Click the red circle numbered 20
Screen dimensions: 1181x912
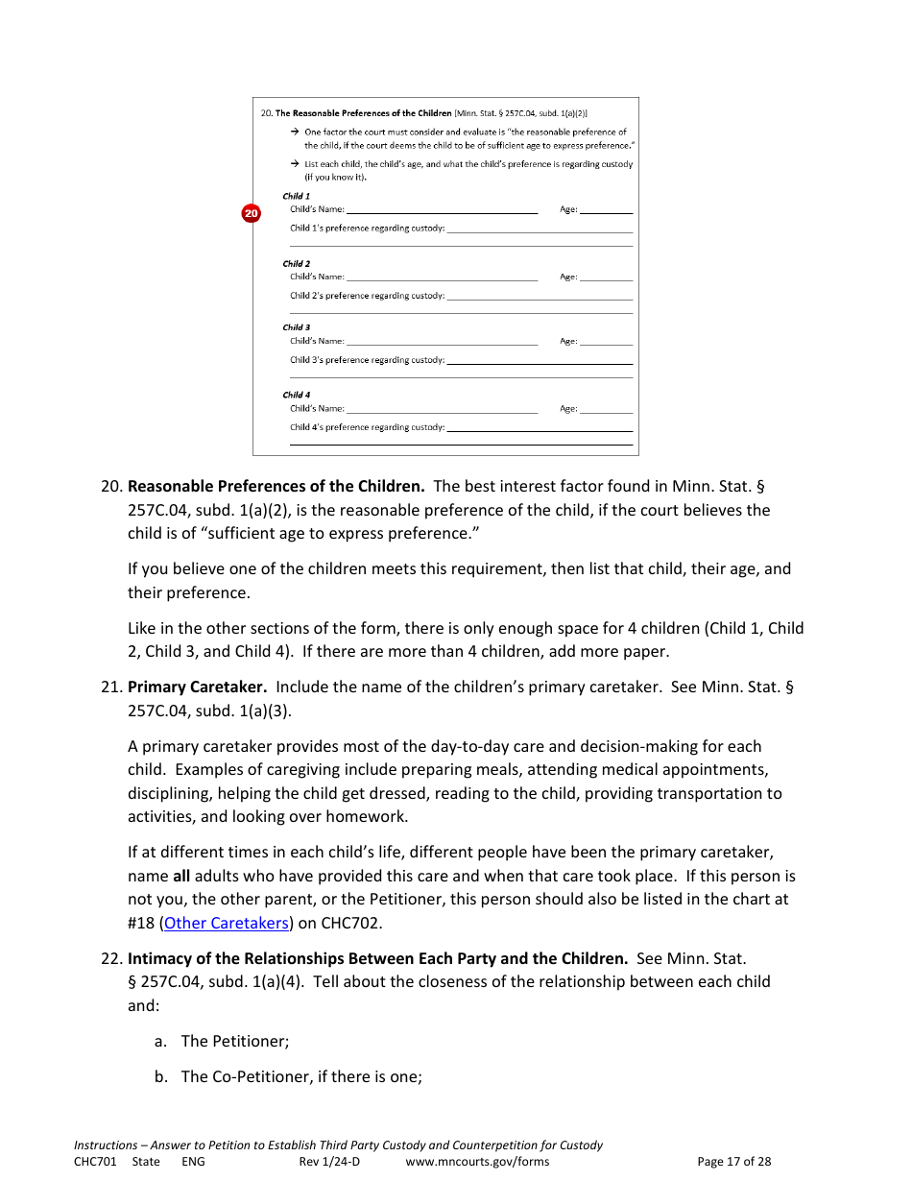click(x=251, y=213)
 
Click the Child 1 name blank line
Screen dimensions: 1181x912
click(x=442, y=210)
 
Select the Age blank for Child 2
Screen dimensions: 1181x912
click(x=606, y=277)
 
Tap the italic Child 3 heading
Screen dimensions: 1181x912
click(x=296, y=327)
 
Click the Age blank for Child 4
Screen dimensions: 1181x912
click(x=606, y=410)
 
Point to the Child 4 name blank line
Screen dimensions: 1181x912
click(x=442, y=410)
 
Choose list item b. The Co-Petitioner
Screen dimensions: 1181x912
click(x=288, y=1076)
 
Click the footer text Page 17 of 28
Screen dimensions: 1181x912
click(x=733, y=1162)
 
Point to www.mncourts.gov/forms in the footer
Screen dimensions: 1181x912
click(x=477, y=1162)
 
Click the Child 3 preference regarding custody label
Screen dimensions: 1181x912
click(x=367, y=360)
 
